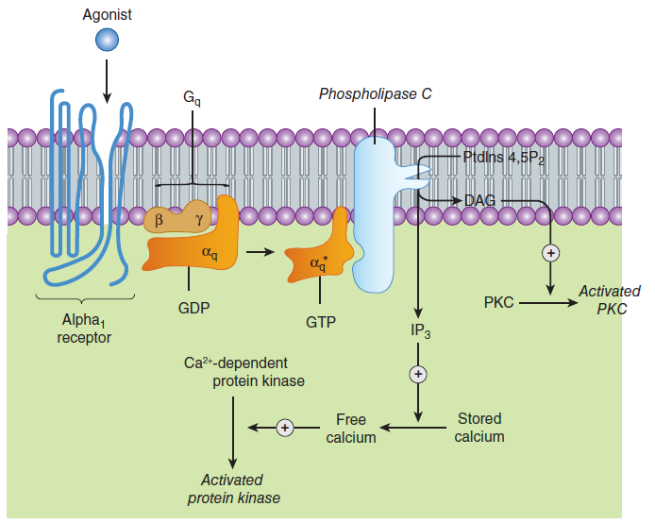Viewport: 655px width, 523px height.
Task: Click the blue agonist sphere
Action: point(107,40)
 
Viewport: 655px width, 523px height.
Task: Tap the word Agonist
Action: point(107,15)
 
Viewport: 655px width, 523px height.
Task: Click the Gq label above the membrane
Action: point(192,98)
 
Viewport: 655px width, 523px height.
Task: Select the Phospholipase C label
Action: point(375,94)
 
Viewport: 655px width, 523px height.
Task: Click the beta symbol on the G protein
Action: point(159,220)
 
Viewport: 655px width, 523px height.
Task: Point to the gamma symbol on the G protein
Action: point(199,219)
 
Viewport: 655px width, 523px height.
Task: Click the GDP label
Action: point(193,309)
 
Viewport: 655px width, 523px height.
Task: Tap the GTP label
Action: point(321,323)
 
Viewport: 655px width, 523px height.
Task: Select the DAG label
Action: point(479,201)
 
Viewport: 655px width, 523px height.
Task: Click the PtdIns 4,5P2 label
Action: point(504,158)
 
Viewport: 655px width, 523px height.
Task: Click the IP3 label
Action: point(420,330)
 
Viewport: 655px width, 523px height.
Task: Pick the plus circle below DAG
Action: point(550,253)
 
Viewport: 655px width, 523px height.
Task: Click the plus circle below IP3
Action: point(418,374)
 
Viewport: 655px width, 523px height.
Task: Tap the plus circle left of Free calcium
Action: point(285,428)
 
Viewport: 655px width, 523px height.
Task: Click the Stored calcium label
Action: point(479,428)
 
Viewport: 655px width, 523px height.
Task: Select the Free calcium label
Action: point(351,429)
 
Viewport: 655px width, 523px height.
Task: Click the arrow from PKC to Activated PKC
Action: point(548,302)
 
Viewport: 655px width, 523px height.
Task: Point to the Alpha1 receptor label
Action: point(84,329)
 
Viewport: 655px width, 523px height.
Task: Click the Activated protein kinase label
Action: point(233,489)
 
